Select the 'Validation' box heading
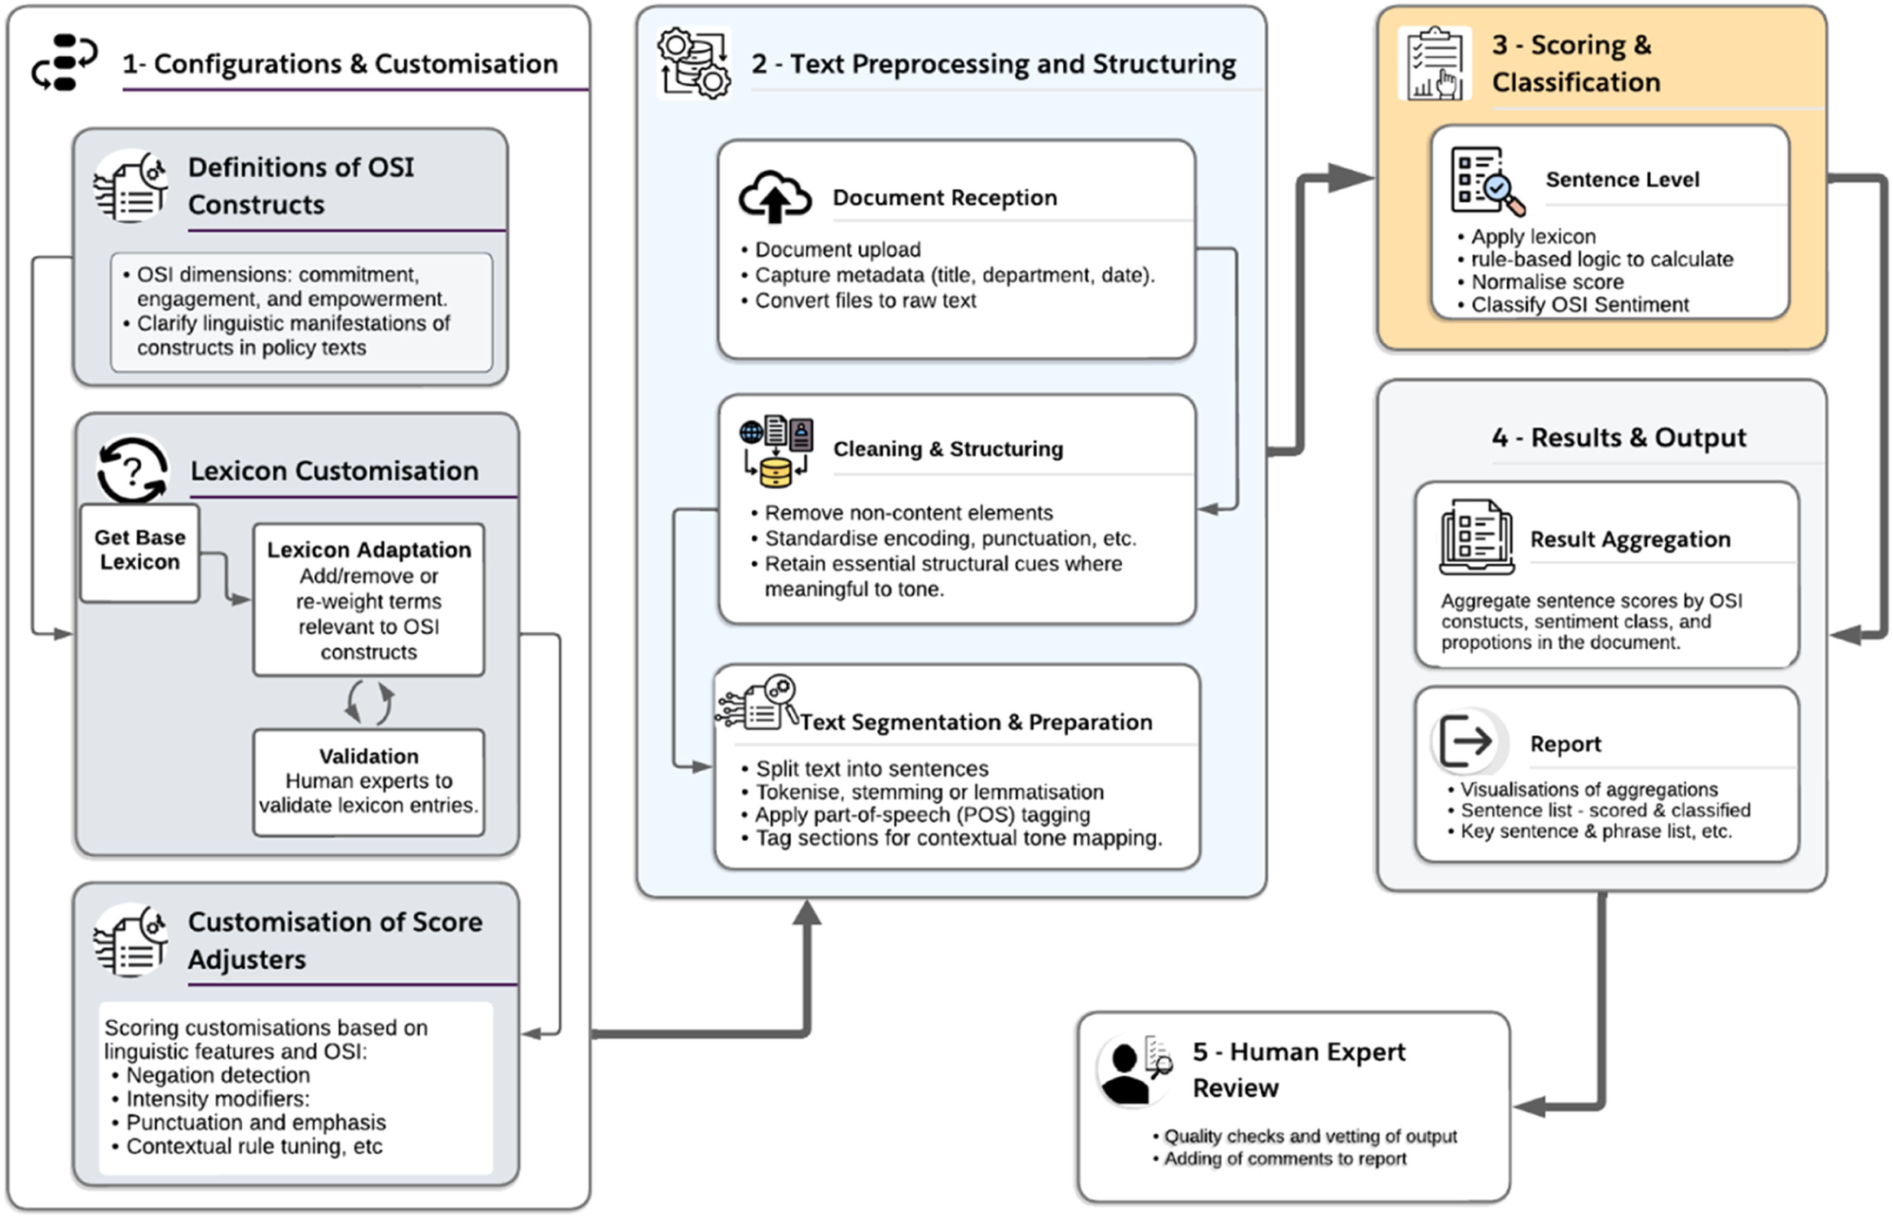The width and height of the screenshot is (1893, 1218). [x=369, y=756]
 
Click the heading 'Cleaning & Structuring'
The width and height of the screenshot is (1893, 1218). [x=948, y=449]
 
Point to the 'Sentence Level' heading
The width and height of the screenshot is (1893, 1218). [x=1621, y=179]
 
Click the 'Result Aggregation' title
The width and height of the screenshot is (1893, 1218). [x=1630, y=540]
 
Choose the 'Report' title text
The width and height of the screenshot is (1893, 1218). [x=1565, y=744]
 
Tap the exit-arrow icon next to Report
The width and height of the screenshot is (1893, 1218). [x=1466, y=741]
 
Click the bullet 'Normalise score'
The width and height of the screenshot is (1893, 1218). [x=1546, y=282]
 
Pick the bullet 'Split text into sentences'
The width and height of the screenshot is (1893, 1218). [x=872, y=769]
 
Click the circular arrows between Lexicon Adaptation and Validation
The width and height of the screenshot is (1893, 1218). [x=369, y=702]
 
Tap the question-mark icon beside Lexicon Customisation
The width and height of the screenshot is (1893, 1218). [x=132, y=470]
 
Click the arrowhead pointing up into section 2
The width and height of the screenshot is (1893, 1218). [x=807, y=914]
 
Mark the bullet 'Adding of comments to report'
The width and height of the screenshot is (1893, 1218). [x=1285, y=1159]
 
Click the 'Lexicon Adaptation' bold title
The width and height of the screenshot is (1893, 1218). [x=369, y=550]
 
